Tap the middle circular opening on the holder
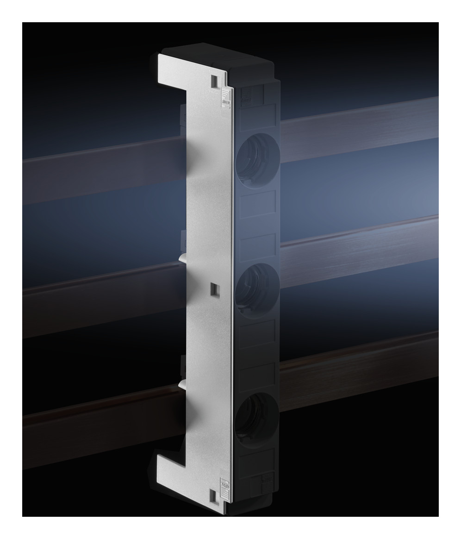point(256,285)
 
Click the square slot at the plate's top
point(214,81)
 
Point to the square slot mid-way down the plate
point(214,289)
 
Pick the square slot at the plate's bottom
point(213,495)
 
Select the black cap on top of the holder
point(218,53)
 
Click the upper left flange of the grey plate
point(174,69)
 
